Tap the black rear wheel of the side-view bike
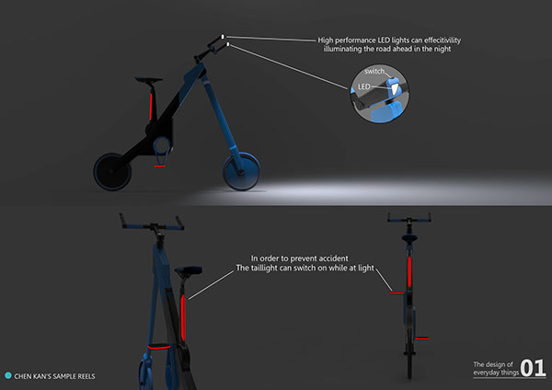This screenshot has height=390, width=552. [115, 171]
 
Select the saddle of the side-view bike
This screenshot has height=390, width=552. [143, 80]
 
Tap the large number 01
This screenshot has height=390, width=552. [533, 368]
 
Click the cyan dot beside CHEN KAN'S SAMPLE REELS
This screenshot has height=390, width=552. [8, 375]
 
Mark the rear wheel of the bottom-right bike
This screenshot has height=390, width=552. [402, 345]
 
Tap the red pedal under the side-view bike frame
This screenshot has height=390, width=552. [160, 166]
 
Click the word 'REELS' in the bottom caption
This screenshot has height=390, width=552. [83, 375]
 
